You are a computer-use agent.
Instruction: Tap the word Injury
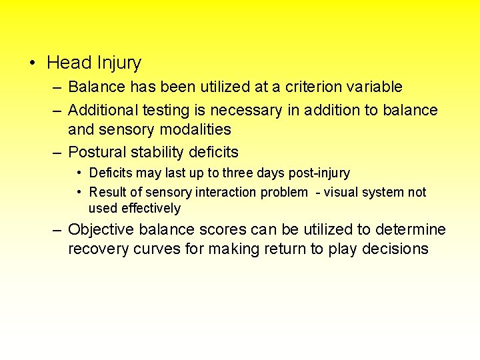click(x=119, y=64)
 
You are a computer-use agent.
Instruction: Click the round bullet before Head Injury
click(x=32, y=64)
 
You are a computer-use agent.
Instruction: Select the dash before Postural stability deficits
click(x=57, y=152)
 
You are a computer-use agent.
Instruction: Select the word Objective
click(x=102, y=230)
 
